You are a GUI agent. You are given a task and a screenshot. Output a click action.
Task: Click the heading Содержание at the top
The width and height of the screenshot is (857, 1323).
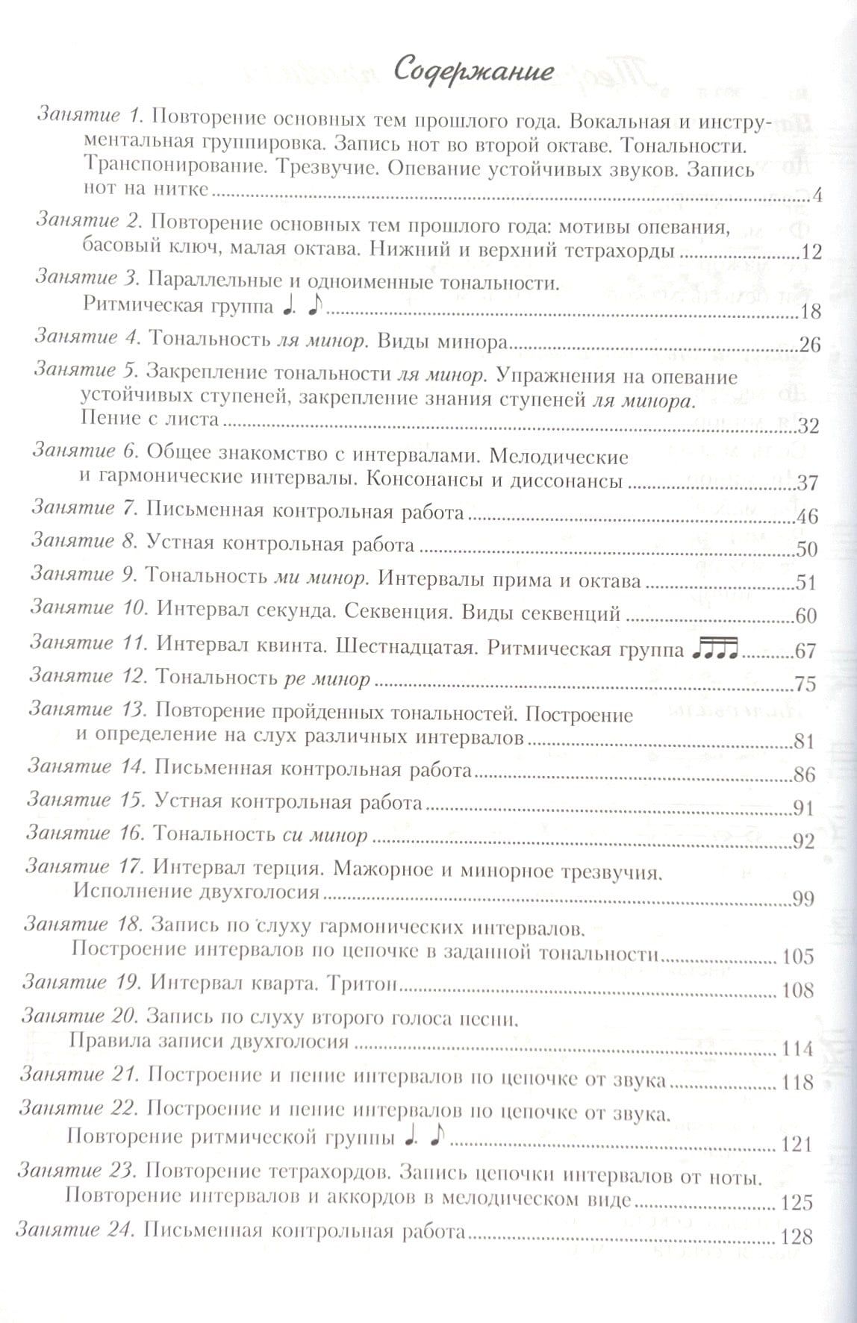coord(473,71)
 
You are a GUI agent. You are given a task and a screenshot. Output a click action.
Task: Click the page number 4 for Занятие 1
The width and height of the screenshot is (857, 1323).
coord(816,196)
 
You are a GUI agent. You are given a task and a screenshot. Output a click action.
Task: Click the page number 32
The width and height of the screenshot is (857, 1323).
coord(808,427)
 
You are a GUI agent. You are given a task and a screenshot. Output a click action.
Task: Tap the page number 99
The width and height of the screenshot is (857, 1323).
coord(803,899)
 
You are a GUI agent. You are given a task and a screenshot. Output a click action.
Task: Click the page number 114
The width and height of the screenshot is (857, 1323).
coord(798,1049)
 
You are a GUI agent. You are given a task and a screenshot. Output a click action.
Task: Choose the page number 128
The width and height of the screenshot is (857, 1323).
coord(796,1236)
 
